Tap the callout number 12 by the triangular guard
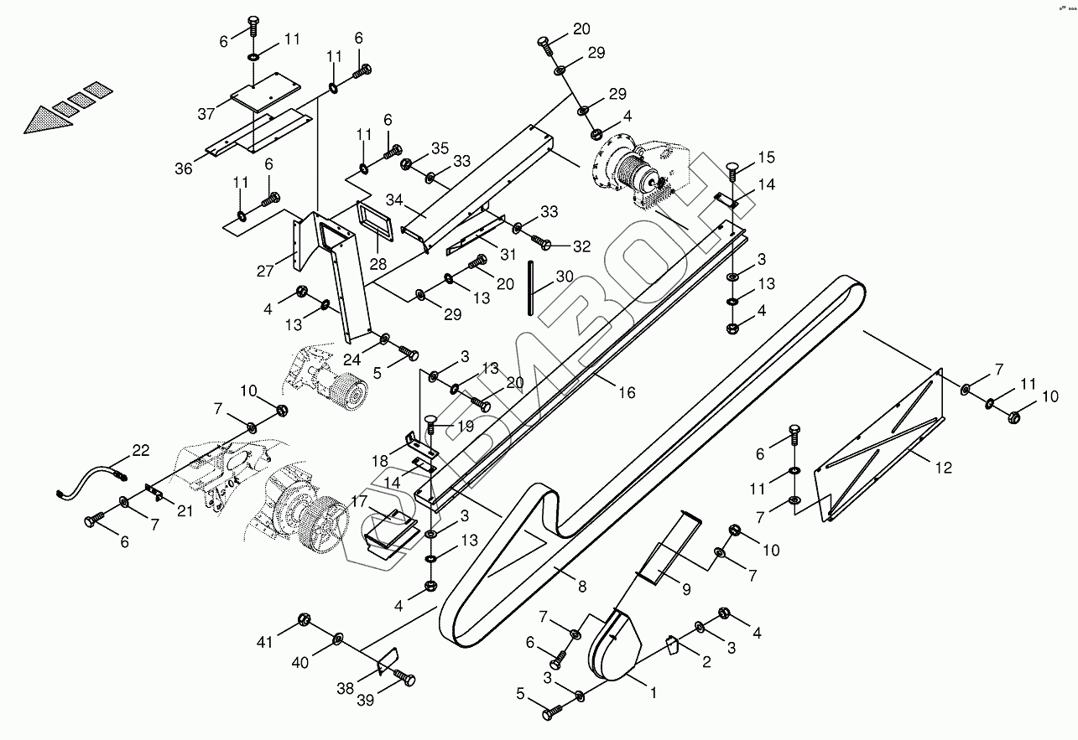point(944,468)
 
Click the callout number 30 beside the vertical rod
point(565,277)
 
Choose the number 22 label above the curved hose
point(140,451)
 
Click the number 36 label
point(184,168)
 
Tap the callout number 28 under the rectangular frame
point(378,263)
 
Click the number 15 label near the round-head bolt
point(767,157)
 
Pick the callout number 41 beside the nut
point(266,643)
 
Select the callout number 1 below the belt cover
point(653,693)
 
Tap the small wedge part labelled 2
point(672,645)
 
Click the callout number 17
point(360,502)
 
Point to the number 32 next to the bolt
point(581,246)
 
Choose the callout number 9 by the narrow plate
point(685,589)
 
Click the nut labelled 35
point(406,164)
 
